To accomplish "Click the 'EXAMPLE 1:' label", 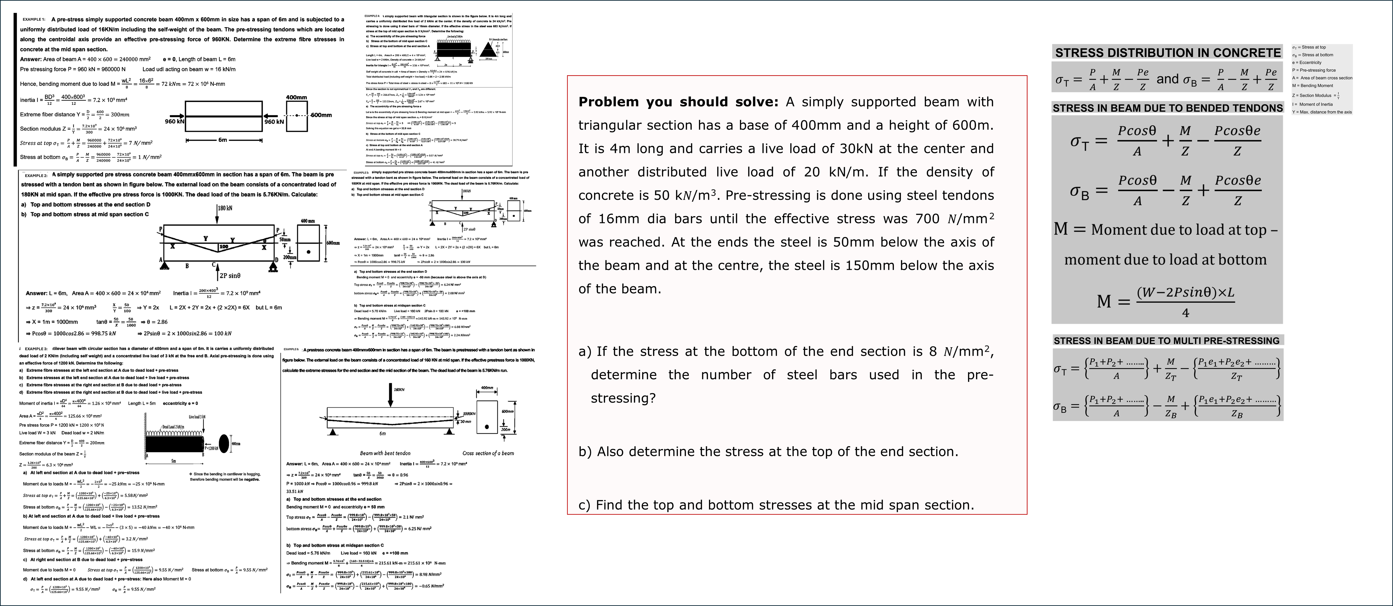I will click(x=34, y=19).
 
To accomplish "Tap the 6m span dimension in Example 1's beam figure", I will click(x=223, y=140).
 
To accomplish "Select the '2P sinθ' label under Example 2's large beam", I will click(x=230, y=276).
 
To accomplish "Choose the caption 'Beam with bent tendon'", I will click(x=385, y=453).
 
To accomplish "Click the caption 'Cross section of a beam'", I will click(x=488, y=453).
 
